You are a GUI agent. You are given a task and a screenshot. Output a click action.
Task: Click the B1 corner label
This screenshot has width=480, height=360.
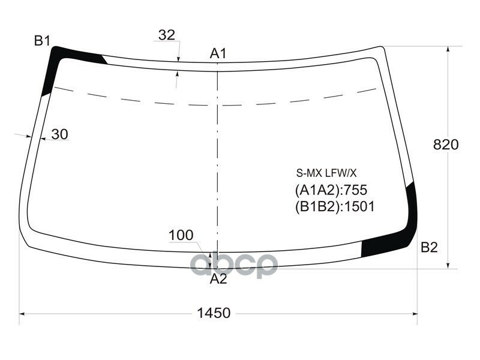coord(42,41)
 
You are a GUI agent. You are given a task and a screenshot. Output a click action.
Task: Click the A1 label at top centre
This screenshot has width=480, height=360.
coord(218,54)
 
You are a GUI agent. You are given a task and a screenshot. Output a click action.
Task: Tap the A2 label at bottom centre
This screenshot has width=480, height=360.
coord(218,278)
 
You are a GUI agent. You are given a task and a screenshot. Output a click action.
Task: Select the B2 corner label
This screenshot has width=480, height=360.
coord(429,247)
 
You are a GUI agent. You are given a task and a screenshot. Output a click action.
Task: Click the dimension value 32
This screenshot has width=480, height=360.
coord(167,35)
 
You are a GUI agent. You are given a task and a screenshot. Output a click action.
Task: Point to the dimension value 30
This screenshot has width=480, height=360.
coord(59,134)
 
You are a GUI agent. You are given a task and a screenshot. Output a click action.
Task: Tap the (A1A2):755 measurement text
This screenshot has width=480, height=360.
coord(331,190)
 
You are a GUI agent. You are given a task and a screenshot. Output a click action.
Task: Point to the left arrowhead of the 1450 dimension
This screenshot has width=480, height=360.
coord(23,313)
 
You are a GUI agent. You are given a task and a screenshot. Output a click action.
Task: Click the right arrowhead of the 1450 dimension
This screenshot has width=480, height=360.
coord(415,313)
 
